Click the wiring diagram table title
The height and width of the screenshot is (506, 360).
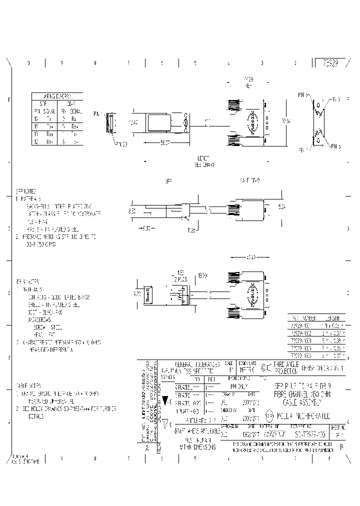(x=56, y=96)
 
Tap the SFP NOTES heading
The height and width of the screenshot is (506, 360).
(x=26, y=191)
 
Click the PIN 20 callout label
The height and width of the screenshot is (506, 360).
(x=122, y=144)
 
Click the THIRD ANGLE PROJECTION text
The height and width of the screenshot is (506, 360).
(x=286, y=368)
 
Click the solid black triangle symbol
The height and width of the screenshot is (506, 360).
(x=165, y=400)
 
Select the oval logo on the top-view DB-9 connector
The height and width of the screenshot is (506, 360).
(x=252, y=122)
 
